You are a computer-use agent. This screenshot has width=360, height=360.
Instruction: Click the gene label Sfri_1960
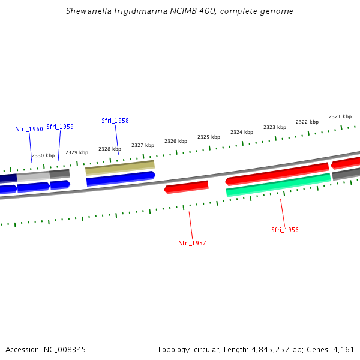coord(29,129)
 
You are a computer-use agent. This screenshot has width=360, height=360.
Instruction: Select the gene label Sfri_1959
coord(60,127)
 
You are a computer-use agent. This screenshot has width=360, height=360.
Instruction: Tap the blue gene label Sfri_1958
coord(115,121)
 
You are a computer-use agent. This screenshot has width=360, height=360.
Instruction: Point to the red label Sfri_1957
coord(193,243)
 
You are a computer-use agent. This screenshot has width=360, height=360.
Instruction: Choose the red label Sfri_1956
coord(285,230)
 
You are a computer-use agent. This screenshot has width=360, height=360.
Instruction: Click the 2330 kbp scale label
coord(43,155)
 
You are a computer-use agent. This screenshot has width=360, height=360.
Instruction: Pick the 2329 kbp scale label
coord(77,152)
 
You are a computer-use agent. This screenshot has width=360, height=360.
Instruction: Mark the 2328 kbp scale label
coord(110,149)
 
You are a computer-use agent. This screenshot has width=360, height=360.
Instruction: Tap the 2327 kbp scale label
coord(143,145)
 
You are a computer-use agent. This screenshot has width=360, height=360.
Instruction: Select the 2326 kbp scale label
coord(176,141)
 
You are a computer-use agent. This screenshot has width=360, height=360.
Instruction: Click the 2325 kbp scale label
coord(209,137)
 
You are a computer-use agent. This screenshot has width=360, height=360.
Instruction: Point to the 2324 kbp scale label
coord(242,132)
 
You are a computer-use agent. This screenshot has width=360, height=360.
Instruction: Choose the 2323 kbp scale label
coord(275,127)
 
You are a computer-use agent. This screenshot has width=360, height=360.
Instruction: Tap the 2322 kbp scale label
coord(307,122)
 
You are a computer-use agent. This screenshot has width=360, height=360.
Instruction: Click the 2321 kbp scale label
coord(340,116)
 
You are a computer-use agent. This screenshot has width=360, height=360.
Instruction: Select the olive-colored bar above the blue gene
coord(120,167)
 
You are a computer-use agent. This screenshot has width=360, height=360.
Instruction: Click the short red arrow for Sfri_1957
coord(187,187)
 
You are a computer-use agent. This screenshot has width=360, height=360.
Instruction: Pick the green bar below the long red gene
coord(278,184)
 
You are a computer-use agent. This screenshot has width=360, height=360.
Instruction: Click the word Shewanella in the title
coord(86,11)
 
